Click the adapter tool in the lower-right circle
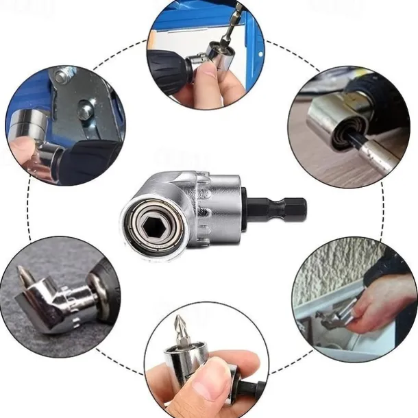point(336,315)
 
